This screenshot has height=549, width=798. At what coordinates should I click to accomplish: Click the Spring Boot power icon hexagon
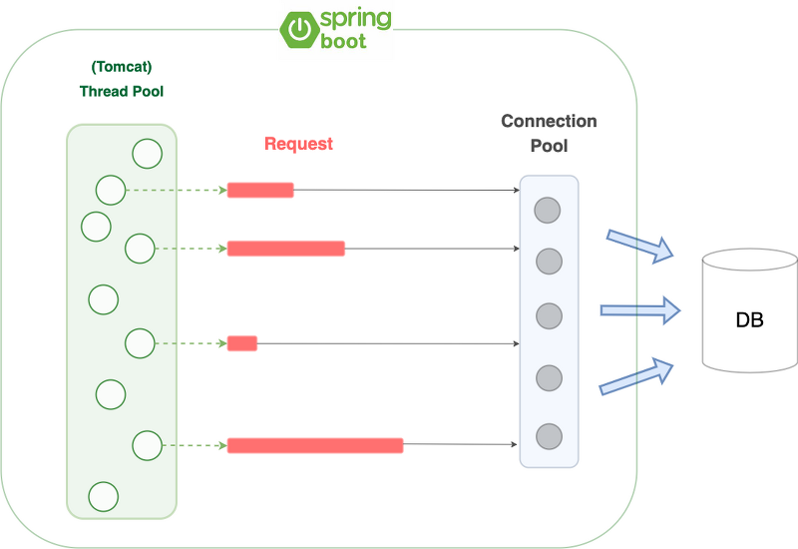pyautogui.click(x=298, y=29)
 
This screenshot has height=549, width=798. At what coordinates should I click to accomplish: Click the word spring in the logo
pyautogui.click(x=355, y=20)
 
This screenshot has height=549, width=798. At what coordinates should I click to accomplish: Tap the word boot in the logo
pyautogui.click(x=343, y=42)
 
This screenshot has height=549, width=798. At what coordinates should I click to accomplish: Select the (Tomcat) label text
pyautogui.click(x=121, y=68)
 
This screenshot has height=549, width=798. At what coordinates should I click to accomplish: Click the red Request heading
pyautogui.click(x=298, y=144)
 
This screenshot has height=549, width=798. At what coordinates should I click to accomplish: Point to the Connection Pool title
pyautogui.click(x=549, y=133)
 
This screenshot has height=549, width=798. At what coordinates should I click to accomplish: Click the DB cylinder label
pyautogui.click(x=749, y=320)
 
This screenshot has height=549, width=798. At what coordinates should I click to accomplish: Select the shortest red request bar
pyautogui.click(x=242, y=343)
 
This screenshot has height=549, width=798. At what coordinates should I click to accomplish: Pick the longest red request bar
pyautogui.click(x=315, y=446)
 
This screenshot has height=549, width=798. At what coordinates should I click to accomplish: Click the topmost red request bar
pyautogui.click(x=260, y=190)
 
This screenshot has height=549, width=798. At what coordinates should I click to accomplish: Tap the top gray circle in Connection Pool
pyautogui.click(x=548, y=211)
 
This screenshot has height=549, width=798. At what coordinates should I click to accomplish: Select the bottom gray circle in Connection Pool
pyautogui.click(x=548, y=436)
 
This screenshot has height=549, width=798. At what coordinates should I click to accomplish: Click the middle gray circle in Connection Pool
pyautogui.click(x=548, y=315)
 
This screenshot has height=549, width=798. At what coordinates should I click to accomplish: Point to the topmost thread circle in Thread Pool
pyautogui.click(x=147, y=154)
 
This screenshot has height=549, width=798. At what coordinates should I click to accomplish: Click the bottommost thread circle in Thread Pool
pyautogui.click(x=104, y=494)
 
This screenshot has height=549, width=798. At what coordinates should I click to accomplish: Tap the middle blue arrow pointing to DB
pyautogui.click(x=639, y=310)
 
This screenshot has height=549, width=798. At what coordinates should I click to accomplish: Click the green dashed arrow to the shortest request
pyautogui.click(x=190, y=343)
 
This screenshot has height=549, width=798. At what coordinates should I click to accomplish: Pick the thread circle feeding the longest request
pyautogui.click(x=147, y=445)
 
